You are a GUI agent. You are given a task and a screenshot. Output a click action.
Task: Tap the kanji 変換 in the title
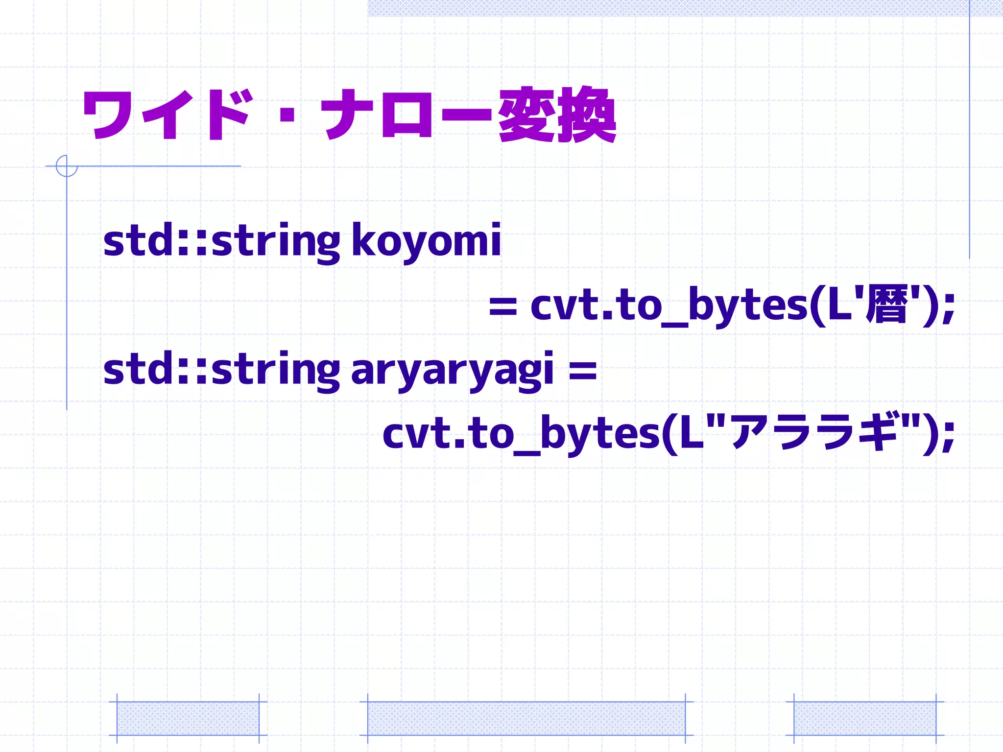pos(557,116)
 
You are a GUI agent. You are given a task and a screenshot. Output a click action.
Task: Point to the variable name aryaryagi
pos(452,371)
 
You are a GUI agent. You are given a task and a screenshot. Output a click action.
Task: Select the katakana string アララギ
pos(813,432)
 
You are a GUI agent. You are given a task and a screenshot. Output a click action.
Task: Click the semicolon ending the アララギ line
pos(949,436)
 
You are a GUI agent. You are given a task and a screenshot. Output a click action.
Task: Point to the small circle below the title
pos(67,166)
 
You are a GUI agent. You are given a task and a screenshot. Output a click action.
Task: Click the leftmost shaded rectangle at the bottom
pos(188,718)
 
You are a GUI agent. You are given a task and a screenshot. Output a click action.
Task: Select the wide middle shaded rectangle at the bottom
pos(526,718)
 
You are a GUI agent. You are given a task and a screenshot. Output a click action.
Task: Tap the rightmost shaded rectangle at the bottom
pos(864,718)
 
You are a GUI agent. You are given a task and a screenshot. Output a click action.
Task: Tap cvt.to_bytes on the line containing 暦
pos(669,306)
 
